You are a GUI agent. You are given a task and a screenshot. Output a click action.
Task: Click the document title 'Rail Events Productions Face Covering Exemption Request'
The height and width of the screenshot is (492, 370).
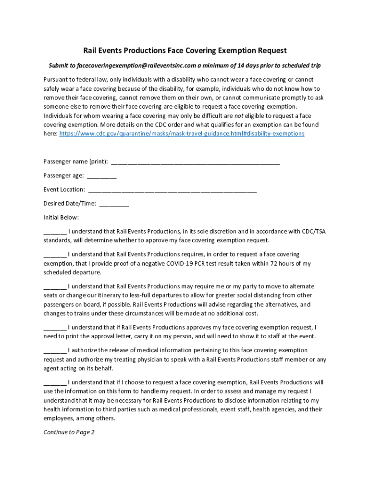coord(185,50)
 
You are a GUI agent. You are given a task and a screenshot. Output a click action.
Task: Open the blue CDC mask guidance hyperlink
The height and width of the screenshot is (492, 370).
coord(182,134)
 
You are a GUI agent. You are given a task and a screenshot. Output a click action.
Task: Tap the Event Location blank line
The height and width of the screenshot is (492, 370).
coord(173,190)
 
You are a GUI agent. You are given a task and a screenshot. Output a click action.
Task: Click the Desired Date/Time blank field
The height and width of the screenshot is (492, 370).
coord(114,204)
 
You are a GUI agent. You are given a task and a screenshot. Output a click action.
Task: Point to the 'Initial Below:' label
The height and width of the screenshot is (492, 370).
coord(61,217)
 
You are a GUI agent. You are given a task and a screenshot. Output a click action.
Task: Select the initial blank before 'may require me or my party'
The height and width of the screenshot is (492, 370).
coord(55,287)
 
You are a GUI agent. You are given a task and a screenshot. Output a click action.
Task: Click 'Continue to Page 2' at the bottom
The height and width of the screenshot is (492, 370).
coord(69,432)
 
